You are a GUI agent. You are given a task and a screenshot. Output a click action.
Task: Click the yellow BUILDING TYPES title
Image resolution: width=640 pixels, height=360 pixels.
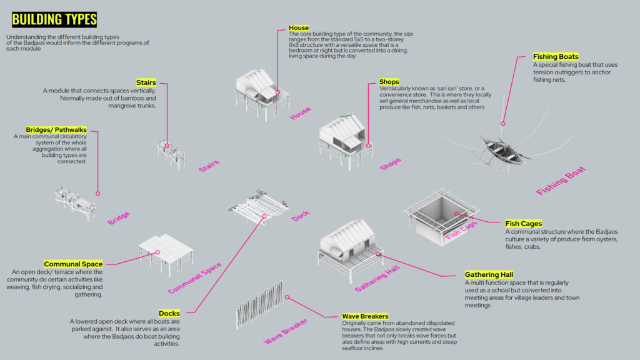click(54, 19)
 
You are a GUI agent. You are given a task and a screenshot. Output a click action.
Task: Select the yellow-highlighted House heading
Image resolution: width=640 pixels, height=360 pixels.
click(299, 28)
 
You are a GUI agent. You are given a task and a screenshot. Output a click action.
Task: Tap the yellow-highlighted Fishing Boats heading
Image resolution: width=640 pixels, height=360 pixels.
click(556, 57)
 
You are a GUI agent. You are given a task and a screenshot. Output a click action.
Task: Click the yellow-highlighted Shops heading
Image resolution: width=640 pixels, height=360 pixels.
click(389, 82)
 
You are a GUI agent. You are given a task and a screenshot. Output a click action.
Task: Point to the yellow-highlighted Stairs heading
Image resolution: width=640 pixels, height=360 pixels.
click(146, 82)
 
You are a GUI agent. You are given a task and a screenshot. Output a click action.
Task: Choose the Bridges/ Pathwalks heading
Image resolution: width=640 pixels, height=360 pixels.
click(56, 129)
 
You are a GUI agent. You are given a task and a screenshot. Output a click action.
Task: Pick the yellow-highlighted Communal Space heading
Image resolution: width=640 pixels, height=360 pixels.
click(73, 264)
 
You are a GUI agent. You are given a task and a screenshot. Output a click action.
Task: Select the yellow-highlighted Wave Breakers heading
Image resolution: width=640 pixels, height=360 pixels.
click(365, 316)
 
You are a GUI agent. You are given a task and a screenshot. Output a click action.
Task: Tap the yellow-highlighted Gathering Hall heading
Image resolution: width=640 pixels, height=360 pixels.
click(489, 274)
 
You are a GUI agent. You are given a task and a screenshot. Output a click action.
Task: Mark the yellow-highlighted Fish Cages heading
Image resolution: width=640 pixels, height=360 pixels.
click(523, 223)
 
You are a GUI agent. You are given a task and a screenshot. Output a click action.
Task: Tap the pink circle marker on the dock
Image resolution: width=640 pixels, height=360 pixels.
click(265, 216)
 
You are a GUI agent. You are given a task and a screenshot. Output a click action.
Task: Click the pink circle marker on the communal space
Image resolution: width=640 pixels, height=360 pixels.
click(158, 252)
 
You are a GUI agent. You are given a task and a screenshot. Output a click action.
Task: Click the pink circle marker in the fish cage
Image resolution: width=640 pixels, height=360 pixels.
click(457, 214)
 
